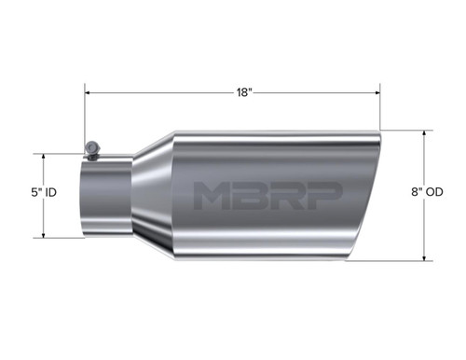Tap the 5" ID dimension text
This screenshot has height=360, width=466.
tap(43, 193)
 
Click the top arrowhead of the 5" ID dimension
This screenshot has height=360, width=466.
tap(43, 157)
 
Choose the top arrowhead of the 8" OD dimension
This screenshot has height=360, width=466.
tap(426, 132)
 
